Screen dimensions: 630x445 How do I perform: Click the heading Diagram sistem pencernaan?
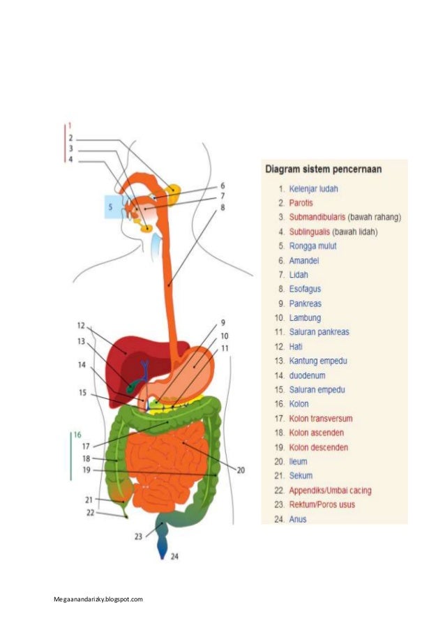(x=326, y=169)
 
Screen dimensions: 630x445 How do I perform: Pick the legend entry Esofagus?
(x=305, y=289)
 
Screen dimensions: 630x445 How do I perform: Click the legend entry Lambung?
(x=305, y=317)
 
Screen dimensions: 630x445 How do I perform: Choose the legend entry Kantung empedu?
(x=317, y=361)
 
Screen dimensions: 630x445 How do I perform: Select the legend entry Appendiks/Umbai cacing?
(x=330, y=490)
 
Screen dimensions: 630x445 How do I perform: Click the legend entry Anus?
(x=298, y=519)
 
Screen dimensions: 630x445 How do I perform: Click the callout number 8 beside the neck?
(x=222, y=207)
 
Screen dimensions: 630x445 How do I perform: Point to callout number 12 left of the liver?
(x=81, y=326)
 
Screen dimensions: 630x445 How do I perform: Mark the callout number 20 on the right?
(x=241, y=470)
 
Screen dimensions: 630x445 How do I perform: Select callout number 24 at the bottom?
(x=174, y=556)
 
